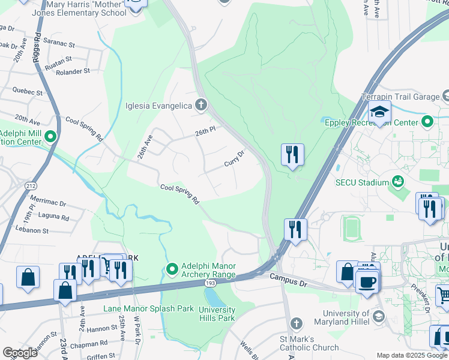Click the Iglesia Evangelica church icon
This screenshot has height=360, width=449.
coord(201,106)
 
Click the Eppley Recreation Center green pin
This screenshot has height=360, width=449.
coord(427,122)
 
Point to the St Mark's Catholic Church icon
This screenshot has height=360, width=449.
coord(295,324)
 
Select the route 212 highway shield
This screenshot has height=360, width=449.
coord(31,186)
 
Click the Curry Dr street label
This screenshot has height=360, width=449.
coord(234,159)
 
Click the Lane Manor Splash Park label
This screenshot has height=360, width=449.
coord(148,308)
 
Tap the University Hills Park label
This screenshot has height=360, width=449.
coord(217,314)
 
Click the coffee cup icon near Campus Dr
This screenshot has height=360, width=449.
coord(367,280)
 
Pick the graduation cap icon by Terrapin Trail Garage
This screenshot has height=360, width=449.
coord(379,112)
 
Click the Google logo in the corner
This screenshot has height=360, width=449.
coord(20,353)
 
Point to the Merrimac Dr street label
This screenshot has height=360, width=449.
coord(47,205)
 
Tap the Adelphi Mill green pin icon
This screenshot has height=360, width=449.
coord(50,137)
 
